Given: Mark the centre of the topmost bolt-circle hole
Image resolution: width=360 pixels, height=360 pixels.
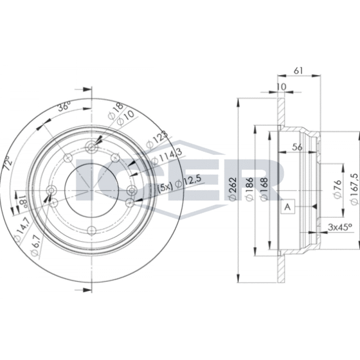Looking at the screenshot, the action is (x=91, y=147).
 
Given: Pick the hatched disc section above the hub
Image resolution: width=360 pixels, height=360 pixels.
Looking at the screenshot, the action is (x=282, y=112).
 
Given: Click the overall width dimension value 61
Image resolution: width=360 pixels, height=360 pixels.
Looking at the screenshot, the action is (x=298, y=71).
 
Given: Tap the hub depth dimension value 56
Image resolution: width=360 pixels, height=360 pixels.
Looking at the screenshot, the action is (x=298, y=147).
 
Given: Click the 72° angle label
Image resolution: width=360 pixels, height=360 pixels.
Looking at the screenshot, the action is (x=9, y=163).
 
